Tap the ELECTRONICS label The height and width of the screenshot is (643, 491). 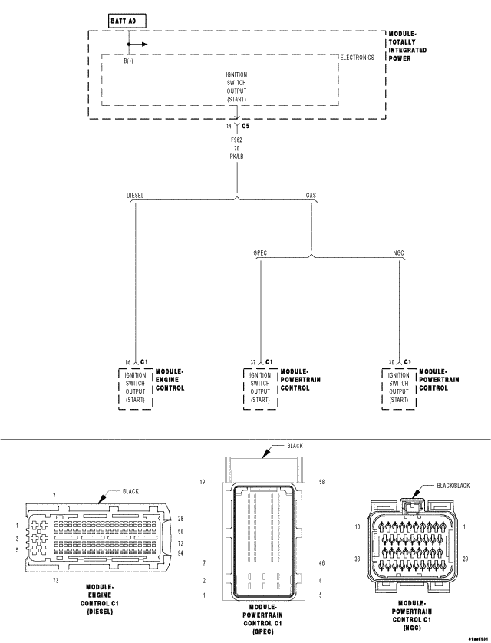coord(357,58)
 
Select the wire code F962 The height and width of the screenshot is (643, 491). coord(237,141)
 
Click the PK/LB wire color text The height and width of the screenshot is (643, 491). coord(237,157)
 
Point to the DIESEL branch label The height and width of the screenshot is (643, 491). coord(135,196)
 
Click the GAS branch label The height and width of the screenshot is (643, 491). coord(311,196)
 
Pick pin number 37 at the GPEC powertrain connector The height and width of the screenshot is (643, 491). coord(252,361)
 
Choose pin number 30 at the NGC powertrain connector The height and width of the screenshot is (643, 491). coord(392,361)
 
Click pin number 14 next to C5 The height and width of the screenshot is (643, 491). coord(229,125)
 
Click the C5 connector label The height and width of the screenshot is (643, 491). coord(245,125)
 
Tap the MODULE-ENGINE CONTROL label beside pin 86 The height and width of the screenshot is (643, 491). coord(170,380)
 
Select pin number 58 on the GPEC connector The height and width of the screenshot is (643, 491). coord(321,482)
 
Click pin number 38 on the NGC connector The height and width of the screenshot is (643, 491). coord(358,560)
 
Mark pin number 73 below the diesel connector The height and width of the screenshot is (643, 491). coord(56,582)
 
